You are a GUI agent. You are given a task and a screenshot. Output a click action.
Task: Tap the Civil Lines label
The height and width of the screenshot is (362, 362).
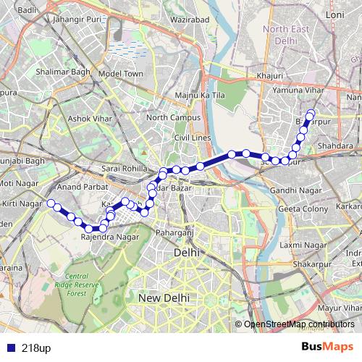191,137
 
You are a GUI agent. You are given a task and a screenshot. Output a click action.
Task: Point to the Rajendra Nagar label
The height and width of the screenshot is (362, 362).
111,236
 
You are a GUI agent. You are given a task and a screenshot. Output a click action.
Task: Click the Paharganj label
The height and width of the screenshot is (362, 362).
174,232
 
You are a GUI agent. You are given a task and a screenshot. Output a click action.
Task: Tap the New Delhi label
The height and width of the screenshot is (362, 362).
164,298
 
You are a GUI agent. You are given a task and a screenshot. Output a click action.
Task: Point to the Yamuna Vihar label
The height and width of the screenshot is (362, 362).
297,90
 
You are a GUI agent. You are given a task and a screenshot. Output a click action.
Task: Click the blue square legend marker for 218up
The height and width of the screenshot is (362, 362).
8,348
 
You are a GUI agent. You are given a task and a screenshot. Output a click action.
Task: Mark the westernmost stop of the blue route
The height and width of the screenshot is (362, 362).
51,203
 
